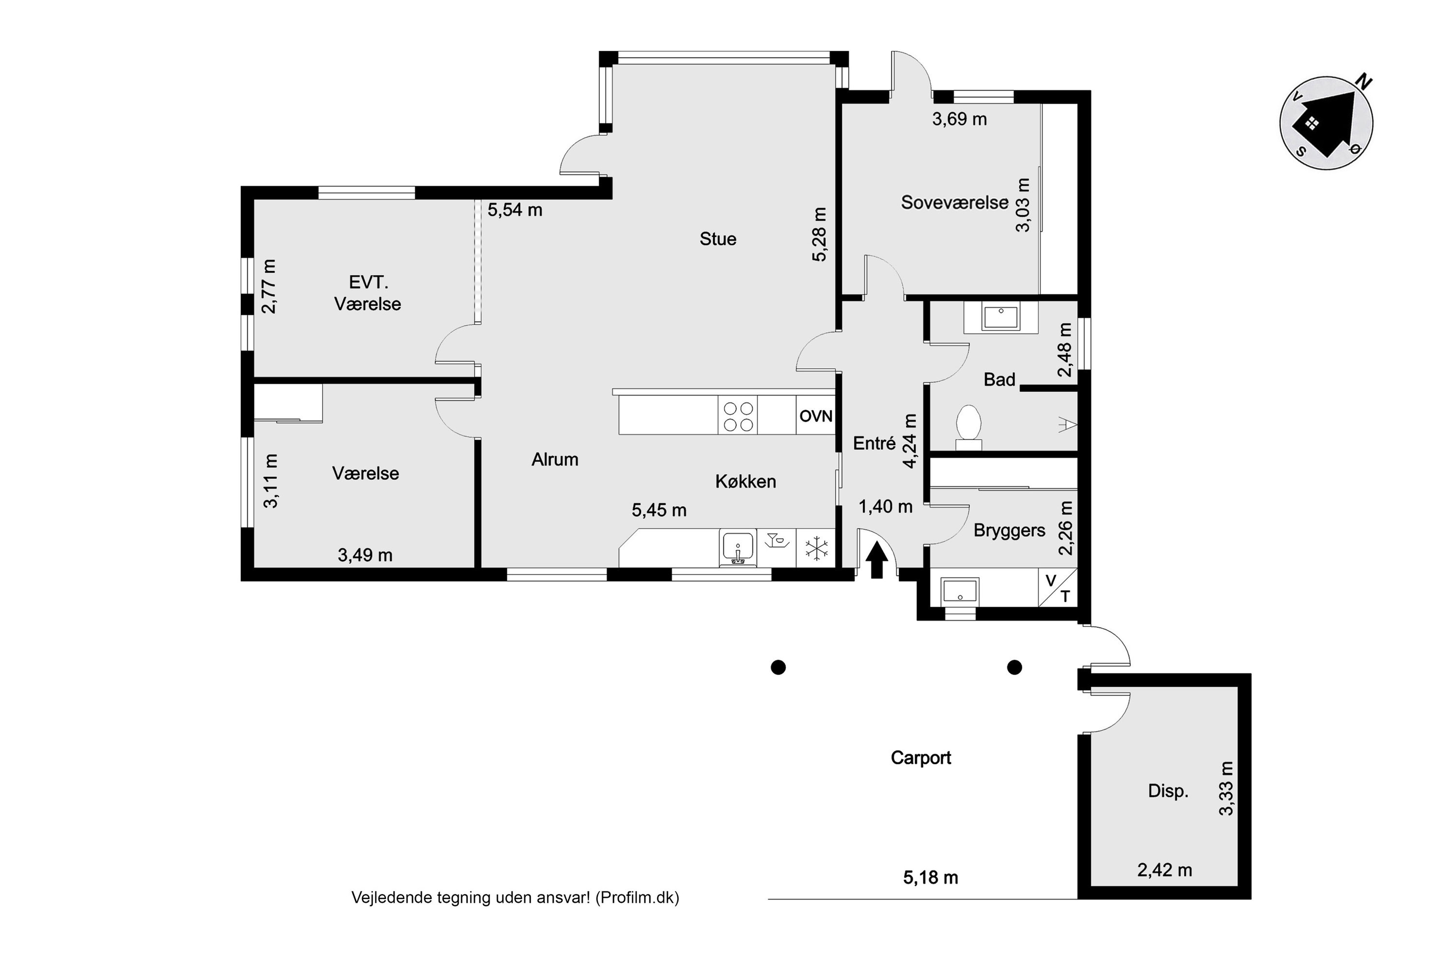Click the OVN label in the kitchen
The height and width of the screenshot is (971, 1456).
pyautogui.click(x=815, y=416)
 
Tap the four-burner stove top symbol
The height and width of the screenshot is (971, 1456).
pyautogui.click(x=738, y=416)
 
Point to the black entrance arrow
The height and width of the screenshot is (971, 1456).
pyautogui.click(x=877, y=559)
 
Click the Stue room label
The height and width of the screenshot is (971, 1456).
pyautogui.click(x=718, y=239)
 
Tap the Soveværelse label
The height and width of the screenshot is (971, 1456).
pyautogui.click(x=954, y=202)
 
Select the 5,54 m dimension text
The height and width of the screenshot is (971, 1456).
pyautogui.click(x=514, y=210)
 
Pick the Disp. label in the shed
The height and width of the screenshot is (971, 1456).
pyautogui.click(x=1168, y=791)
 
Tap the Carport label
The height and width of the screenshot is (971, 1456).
pyautogui.click(x=921, y=758)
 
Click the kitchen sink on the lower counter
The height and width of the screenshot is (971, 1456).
pyautogui.click(x=737, y=548)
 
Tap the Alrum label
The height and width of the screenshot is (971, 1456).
pyautogui.click(x=555, y=459)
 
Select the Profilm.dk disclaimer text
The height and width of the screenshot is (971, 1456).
pyautogui.click(x=515, y=898)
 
